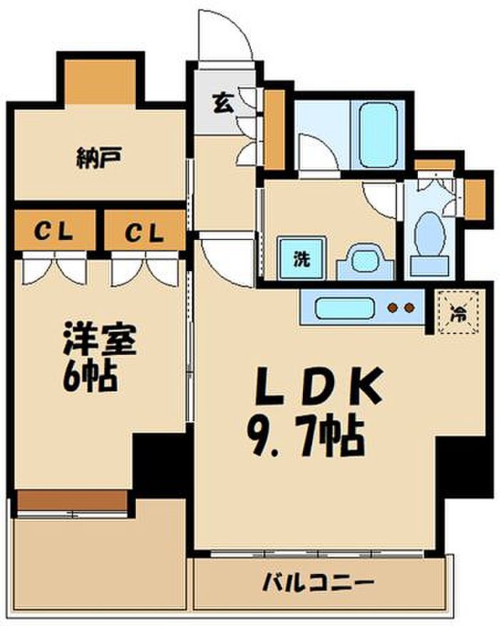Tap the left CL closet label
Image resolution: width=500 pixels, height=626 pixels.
click(x=54, y=232)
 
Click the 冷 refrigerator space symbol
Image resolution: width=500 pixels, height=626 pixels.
click(x=456, y=311)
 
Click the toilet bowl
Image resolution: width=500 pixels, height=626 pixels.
click(x=429, y=233)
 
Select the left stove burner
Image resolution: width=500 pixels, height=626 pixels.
click(x=392, y=309)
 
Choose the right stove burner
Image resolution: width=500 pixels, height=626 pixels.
click(x=409, y=309)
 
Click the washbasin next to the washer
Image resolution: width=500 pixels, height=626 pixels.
click(x=364, y=261)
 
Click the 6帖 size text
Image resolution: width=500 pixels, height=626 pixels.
click(x=91, y=376)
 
